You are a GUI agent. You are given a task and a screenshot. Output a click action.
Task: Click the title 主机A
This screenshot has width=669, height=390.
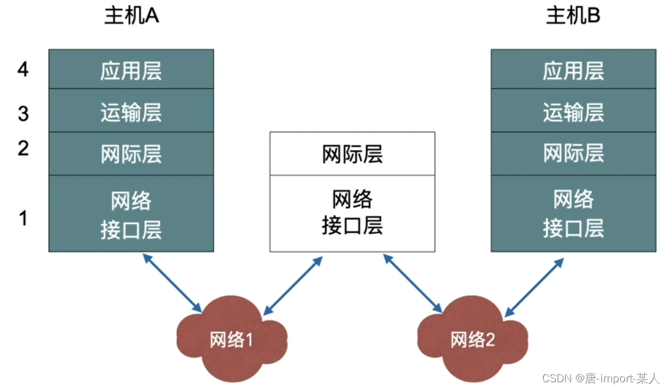[131, 16]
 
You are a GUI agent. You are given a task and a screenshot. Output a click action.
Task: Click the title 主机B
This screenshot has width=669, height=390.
[573, 16]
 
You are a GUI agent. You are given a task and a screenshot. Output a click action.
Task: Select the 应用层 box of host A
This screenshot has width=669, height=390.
[131, 69]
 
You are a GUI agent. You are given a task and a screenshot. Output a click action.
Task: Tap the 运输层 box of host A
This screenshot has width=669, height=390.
[131, 111]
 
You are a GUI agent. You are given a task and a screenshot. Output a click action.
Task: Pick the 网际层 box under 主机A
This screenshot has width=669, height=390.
[131, 154]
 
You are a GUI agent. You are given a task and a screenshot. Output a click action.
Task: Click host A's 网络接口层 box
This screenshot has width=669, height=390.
[131, 214]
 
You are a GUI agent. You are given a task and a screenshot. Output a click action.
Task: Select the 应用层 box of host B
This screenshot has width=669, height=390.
[573, 69]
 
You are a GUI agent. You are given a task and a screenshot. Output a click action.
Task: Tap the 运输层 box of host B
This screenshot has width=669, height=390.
[573, 111]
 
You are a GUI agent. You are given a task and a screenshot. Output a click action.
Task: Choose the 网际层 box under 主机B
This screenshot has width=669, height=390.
[573, 154]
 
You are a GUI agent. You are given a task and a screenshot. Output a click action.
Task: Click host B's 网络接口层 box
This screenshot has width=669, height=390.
[573, 214]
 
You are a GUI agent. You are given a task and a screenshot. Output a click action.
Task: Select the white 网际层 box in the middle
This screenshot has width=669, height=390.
[352, 154]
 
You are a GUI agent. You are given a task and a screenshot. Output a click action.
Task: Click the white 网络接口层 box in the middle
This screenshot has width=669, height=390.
[352, 214]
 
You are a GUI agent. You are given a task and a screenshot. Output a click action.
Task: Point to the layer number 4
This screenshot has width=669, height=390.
[23, 69]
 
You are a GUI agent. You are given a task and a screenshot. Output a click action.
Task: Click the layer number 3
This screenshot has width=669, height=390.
[23, 113]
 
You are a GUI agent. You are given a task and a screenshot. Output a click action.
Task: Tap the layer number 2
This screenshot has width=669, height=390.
[23, 148]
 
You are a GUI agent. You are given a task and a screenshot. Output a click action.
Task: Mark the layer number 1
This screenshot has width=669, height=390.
[23, 218]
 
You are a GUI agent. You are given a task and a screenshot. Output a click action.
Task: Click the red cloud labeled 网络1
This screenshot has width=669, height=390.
[231, 340]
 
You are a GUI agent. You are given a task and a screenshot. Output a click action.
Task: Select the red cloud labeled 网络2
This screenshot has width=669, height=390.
[472, 340]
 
